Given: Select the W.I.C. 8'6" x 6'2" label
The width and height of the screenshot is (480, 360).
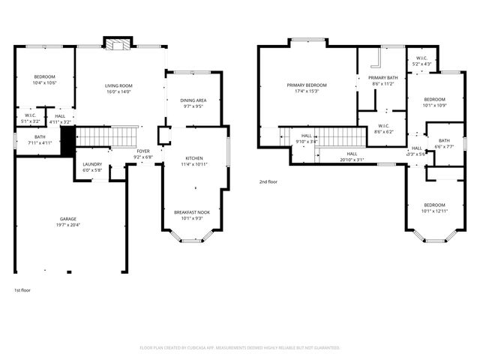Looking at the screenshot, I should (x=382, y=128).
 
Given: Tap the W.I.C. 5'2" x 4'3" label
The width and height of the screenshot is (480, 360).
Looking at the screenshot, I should (x=422, y=61).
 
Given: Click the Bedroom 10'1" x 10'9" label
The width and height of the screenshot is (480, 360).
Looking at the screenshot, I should (x=434, y=102).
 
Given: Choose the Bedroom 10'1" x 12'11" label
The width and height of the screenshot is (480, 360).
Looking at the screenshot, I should (x=434, y=208).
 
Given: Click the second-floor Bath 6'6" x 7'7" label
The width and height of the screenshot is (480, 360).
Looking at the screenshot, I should (x=444, y=143).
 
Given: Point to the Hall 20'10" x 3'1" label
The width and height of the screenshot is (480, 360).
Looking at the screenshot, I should (x=352, y=156).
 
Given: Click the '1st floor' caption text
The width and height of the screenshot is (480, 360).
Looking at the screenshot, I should (x=22, y=289).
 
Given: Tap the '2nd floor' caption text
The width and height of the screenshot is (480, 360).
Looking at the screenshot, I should (x=268, y=181).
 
